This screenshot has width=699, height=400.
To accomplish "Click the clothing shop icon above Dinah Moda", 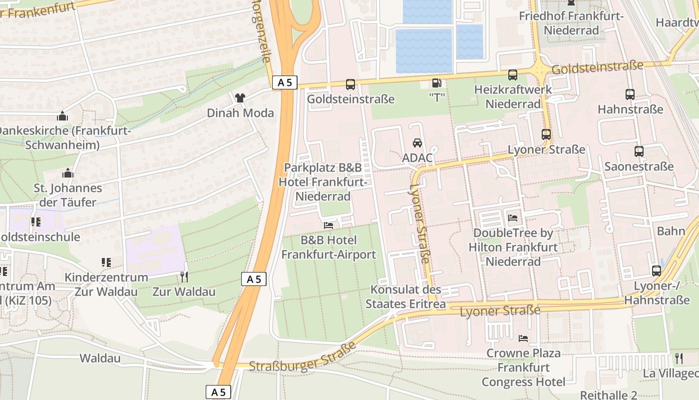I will (240, 97).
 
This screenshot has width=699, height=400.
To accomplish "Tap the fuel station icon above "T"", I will (437, 83).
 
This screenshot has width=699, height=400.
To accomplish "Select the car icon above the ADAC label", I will (417, 143).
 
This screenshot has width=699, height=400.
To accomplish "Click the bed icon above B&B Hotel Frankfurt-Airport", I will (329, 225).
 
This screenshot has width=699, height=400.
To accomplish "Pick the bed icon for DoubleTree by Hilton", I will (513, 218).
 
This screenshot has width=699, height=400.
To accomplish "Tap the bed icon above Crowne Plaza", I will (523, 338).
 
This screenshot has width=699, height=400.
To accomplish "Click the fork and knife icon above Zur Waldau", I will (184, 276).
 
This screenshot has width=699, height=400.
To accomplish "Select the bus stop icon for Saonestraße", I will (639, 151).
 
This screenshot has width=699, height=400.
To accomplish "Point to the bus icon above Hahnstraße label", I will (630, 94).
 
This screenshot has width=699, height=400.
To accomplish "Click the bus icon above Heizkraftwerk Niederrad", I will (513, 75).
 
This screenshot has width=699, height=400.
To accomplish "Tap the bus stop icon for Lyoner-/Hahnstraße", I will (657, 271).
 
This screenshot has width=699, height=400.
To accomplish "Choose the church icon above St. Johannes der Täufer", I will (68, 173).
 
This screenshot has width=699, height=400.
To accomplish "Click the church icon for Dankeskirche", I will (62, 116).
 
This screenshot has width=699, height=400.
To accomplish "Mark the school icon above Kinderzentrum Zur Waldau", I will (106, 262).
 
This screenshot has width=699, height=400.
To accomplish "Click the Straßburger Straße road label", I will (302, 357).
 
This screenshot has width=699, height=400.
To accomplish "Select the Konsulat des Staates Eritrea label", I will (405, 297).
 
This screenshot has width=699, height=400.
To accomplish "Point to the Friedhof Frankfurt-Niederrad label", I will (571, 23).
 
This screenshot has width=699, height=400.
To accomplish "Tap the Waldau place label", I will (100, 358).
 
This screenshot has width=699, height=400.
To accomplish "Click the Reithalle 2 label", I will (609, 395).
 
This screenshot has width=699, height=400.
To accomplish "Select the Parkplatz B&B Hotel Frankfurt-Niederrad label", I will (323, 182).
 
